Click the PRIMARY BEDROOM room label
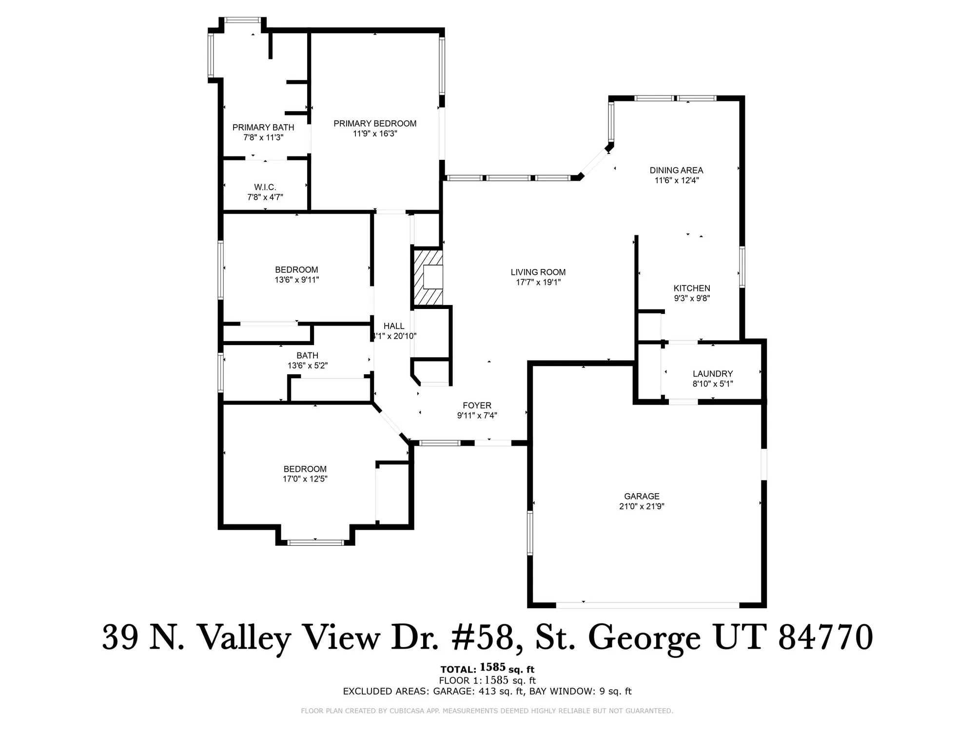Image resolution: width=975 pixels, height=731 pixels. click(x=375, y=124)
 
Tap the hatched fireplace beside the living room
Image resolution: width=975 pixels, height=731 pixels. click(x=427, y=277)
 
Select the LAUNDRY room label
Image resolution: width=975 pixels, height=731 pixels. click(x=712, y=374)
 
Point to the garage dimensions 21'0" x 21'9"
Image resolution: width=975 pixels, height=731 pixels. click(x=642, y=506)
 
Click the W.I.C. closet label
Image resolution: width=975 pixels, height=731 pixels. click(x=265, y=187)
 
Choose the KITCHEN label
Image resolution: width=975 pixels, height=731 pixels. click(x=692, y=288)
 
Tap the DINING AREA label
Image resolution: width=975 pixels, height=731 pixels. click(x=676, y=170)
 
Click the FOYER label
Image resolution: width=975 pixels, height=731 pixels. click(x=477, y=405)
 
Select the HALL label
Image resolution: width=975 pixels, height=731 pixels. click(x=394, y=326)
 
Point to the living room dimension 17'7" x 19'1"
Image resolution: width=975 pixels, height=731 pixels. click(x=538, y=282)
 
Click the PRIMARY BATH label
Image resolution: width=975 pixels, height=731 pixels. click(x=263, y=127)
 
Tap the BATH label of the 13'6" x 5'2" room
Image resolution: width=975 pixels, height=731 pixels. click(x=307, y=356)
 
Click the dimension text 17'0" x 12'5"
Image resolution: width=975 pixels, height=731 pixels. click(x=305, y=479)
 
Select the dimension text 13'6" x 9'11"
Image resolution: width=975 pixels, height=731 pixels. click(x=296, y=280)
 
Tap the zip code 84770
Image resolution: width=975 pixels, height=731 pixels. click(x=825, y=637)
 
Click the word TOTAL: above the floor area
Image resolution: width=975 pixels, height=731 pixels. click(x=458, y=670)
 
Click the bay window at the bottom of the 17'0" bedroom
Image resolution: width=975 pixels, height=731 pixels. click(x=315, y=542)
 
